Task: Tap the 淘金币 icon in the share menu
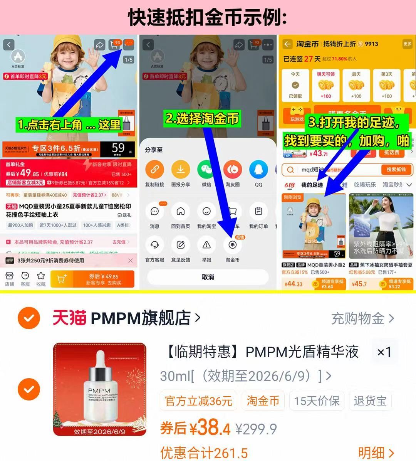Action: pyautogui.click(x=232, y=245)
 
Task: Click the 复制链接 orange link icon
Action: pyautogui.click(x=154, y=169)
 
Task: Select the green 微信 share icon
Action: pyautogui.click(x=207, y=169)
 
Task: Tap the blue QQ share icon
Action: pyautogui.click(x=258, y=169)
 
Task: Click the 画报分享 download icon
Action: pyautogui.click(x=180, y=169)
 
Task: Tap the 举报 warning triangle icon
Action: pyautogui.click(x=207, y=245)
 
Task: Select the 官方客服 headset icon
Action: pyautogui.click(x=154, y=245)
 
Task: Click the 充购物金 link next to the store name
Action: pyautogui.click(x=362, y=318)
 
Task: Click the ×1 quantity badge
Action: pyautogui.click(x=384, y=352)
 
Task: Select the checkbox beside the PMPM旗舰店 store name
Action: pyautogui.click(x=29, y=318)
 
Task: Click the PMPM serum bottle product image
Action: pyautogui.click(x=100, y=389)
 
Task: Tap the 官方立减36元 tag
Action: pyautogui.click(x=199, y=401)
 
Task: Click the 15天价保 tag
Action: pyautogui.click(x=317, y=401)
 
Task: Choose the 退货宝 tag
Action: pyautogui.click(x=370, y=401)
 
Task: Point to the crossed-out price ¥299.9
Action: pyautogui.click(x=256, y=429)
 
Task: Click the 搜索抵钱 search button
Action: pyautogui.click(x=396, y=170)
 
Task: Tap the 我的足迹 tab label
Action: pyautogui.click(x=312, y=185)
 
